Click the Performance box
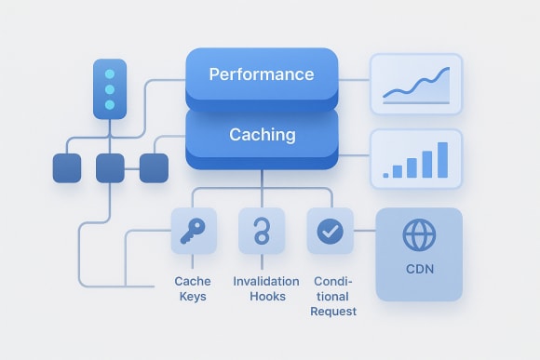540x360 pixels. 262,74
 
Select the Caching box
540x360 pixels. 262,135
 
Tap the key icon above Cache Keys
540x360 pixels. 194,232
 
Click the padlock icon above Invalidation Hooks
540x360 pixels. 262,232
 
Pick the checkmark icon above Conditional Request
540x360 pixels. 330,232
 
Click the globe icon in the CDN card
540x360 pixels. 418,234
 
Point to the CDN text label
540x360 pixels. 418,272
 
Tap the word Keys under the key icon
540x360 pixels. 194,297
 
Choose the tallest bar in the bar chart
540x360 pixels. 442,159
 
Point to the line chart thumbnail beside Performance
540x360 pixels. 415,84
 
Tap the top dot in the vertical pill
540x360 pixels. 110,74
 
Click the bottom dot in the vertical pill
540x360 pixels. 110,105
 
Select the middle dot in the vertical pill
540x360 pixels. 110,89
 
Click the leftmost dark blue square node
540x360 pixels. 67,168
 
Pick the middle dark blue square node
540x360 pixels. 110,168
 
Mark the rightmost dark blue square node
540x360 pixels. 154,168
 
